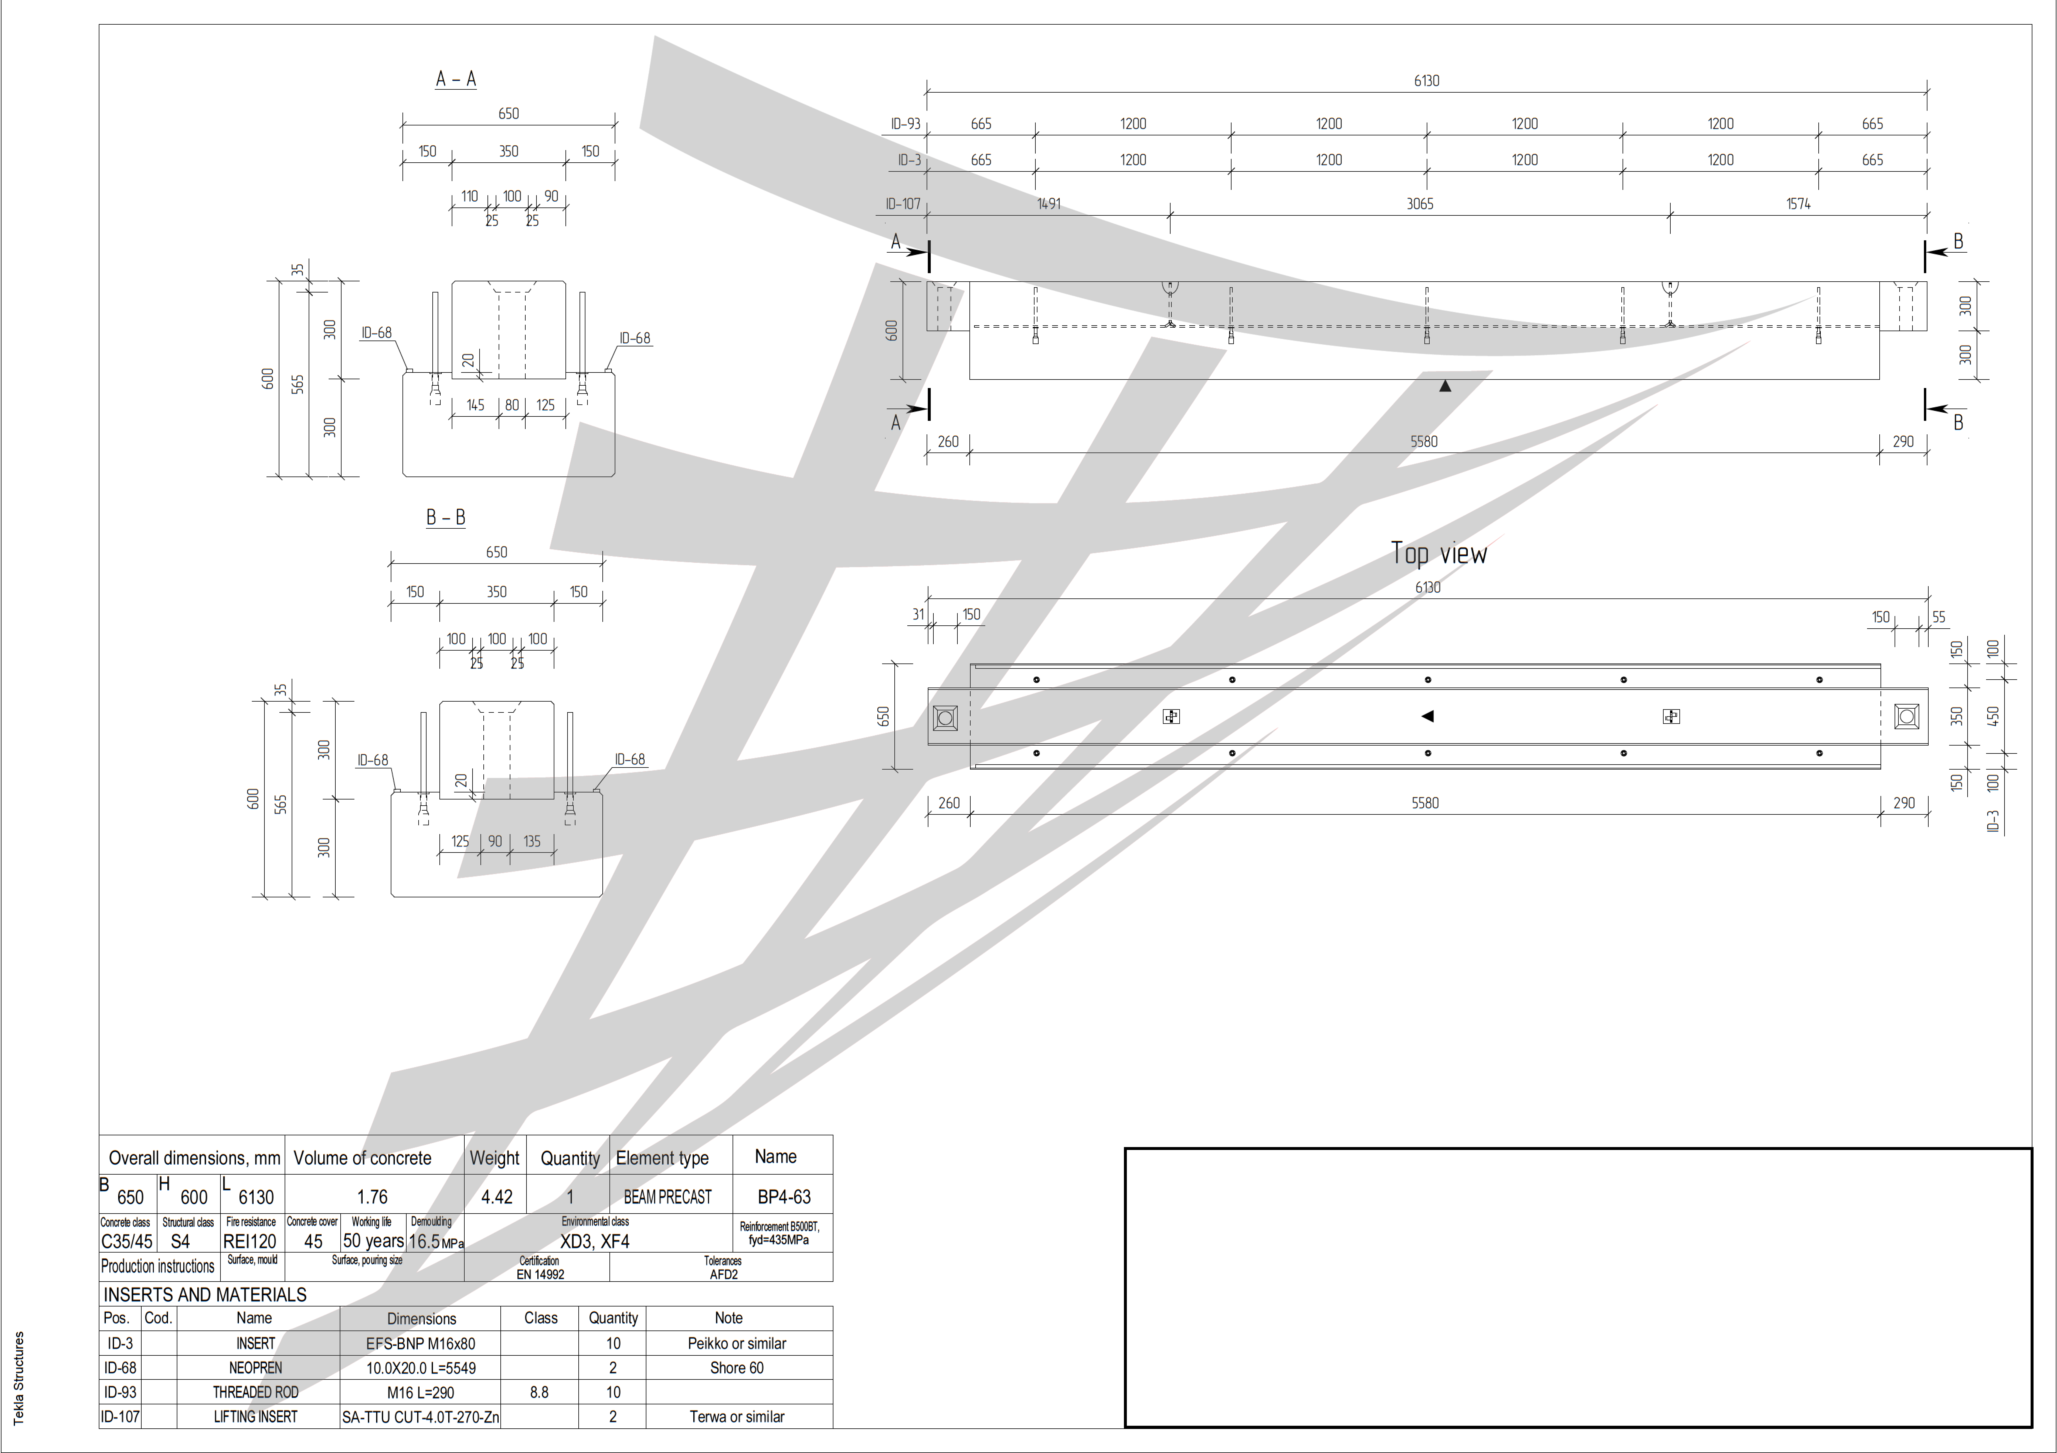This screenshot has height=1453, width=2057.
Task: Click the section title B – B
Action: (x=445, y=518)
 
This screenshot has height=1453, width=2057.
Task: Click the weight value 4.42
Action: (x=496, y=1197)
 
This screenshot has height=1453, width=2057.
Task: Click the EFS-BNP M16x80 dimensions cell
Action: (x=420, y=1344)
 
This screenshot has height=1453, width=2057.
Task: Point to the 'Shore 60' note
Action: (x=736, y=1368)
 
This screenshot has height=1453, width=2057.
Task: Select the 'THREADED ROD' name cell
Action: (x=255, y=1392)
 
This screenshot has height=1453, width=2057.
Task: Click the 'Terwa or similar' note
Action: (x=736, y=1416)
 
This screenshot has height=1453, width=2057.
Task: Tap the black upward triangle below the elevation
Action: (x=1444, y=386)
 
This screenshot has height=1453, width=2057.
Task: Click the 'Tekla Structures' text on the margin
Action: (x=19, y=1378)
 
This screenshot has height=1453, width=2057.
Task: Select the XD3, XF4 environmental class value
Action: (x=595, y=1242)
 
